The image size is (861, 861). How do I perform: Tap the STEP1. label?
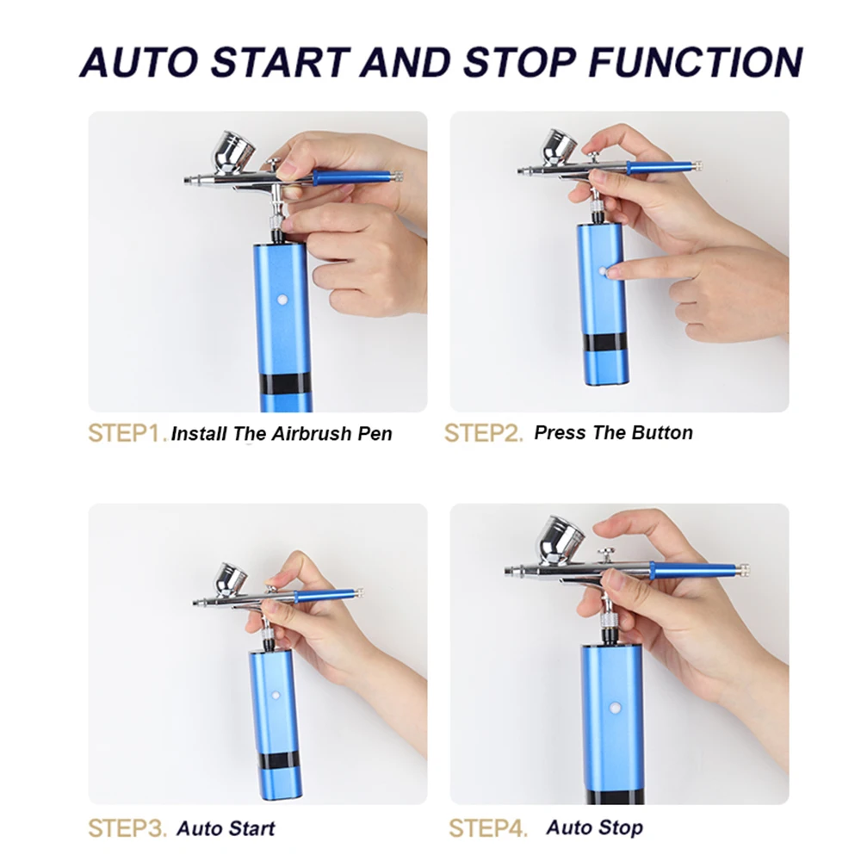click(127, 433)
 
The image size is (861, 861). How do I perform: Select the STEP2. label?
click(483, 433)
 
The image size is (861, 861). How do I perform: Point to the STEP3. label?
click(127, 828)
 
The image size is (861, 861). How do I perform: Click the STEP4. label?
click(488, 828)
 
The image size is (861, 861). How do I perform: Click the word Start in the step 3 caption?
click(251, 828)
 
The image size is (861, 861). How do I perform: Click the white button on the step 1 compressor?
click(282, 300)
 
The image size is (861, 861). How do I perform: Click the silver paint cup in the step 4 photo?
click(561, 537)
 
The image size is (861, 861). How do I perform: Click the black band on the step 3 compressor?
click(277, 760)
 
